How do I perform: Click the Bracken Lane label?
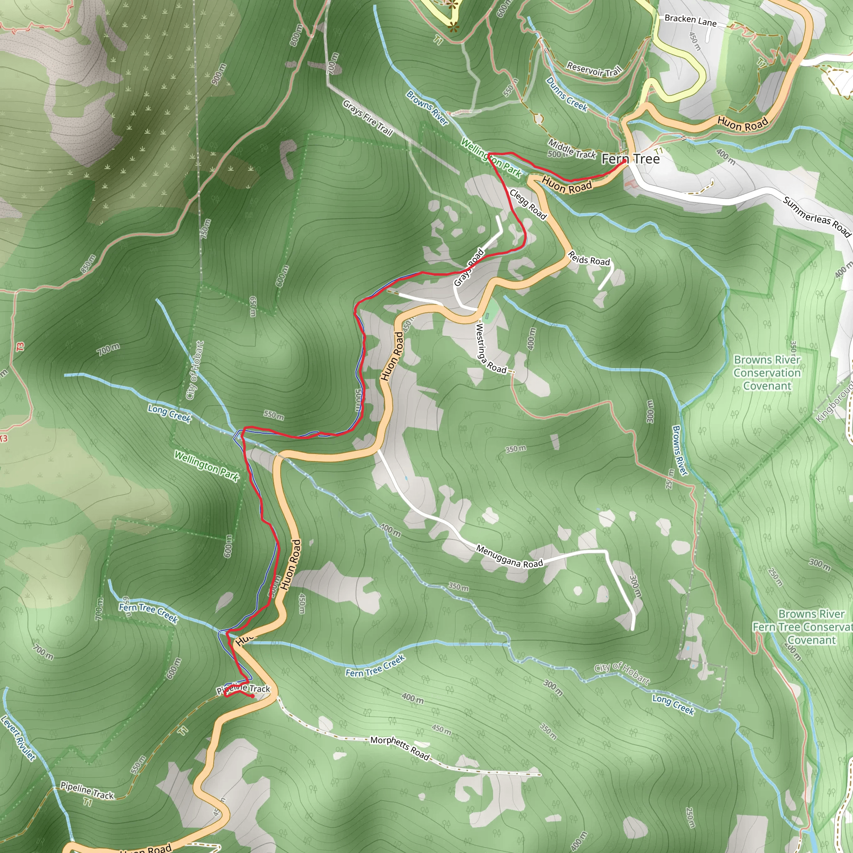point(691,20)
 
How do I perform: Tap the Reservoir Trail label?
point(594,69)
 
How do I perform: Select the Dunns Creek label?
point(567,95)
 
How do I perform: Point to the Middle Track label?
point(572,149)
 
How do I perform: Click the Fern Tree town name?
point(631,159)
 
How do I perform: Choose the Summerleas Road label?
point(817,217)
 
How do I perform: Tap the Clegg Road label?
point(528,205)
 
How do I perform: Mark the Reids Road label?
point(589,258)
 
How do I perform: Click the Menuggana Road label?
point(509,556)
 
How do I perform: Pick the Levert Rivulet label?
point(18,738)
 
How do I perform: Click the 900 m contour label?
point(219,74)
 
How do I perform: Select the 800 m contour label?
point(297,35)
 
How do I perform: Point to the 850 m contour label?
point(88,264)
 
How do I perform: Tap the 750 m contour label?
point(206,229)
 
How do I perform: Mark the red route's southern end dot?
point(252,696)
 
